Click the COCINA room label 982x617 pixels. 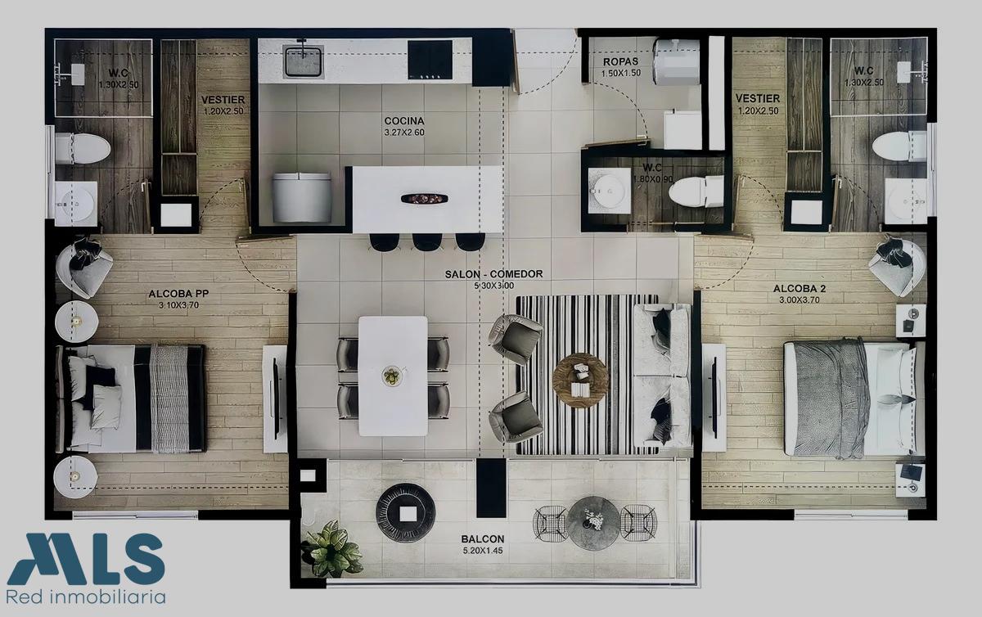pos(404,120)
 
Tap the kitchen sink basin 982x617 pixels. pos(304,61)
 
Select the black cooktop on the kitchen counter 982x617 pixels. pos(430,60)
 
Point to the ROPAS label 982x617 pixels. pos(620,62)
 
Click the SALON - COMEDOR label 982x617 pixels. pos(493,274)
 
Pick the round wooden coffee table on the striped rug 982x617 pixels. pos(580,381)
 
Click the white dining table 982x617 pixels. pos(393,376)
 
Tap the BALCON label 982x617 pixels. pos(482,539)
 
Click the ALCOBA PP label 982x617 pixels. pos(178,294)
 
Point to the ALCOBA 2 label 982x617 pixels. pos(800,289)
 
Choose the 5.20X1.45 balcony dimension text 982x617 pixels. pos(482,551)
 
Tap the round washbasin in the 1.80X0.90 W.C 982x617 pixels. pos(609,191)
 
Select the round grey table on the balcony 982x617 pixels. pos(592,523)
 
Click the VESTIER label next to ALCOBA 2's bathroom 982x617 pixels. pos(758,98)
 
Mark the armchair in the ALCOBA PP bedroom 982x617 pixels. pos(84,268)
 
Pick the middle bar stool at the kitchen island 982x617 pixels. pos(427,242)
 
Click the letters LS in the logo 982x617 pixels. pos(127,559)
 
